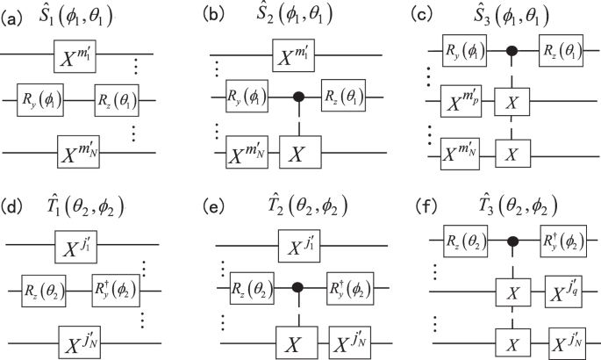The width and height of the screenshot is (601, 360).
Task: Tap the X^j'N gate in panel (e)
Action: pyautogui.click(x=349, y=334)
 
